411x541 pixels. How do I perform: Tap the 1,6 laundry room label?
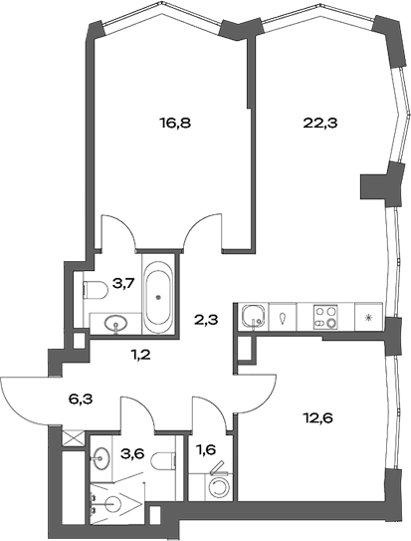208,448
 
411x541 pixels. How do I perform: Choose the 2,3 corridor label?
206,320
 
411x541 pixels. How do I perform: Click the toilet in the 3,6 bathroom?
169,457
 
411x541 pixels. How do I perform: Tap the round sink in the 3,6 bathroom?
102,458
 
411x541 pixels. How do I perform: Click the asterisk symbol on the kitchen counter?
369,318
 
